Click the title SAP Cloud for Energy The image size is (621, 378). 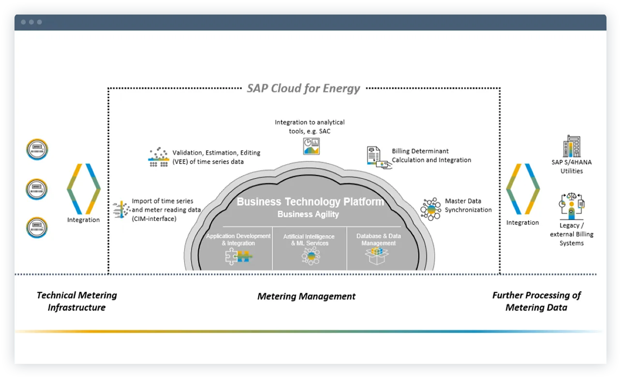click(303, 88)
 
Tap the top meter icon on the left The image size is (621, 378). click(37, 149)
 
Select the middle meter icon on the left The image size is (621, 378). click(37, 189)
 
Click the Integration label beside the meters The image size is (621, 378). click(83, 220)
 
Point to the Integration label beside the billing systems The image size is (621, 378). click(522, 223)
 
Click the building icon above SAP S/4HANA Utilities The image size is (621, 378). click(571, 146)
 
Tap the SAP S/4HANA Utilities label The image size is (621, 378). click(571, 167)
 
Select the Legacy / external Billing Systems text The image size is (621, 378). click(571, 234)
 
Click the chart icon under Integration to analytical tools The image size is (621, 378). click(311, 146)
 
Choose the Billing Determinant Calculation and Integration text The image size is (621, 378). click(431, 156)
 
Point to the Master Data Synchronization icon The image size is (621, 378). click(430, 209)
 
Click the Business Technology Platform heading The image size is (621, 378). click(310, 202)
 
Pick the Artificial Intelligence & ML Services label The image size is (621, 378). click(310, 240)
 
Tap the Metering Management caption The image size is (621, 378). click(306, 296)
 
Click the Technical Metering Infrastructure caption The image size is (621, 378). click(76, 301)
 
